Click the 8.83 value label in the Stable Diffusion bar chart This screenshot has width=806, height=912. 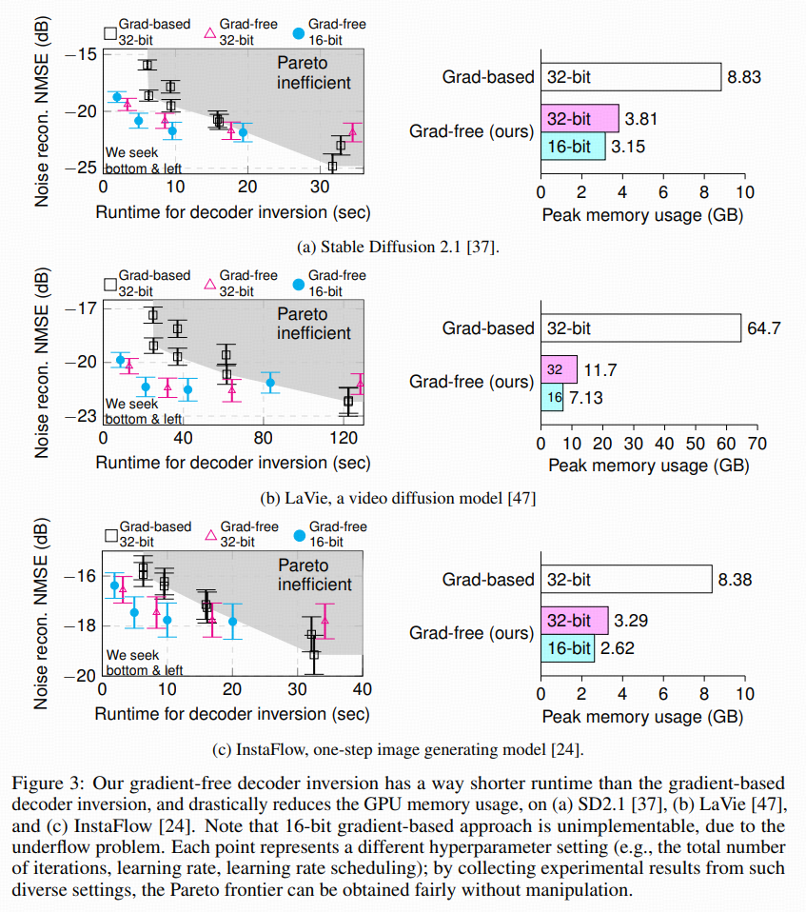coord(744,77)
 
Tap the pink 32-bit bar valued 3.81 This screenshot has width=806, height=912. coord(580,120)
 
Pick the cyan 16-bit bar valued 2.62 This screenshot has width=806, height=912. coord(567,649)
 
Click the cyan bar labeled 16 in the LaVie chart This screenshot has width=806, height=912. coord(551,397)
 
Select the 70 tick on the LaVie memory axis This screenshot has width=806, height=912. coord(757,444)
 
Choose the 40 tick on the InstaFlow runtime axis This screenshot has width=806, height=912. coord(361,689)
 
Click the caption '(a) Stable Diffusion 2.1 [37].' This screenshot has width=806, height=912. coord(399,248)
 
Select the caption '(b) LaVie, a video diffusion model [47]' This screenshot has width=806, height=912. coord(399,497)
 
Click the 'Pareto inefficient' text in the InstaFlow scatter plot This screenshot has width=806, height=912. coord(314,574)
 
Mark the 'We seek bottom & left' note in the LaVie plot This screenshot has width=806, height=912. coord(143,411)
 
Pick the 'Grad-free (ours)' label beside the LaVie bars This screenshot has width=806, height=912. coord(471,382)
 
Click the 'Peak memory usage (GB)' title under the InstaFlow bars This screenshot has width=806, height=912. coord(642,716)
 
